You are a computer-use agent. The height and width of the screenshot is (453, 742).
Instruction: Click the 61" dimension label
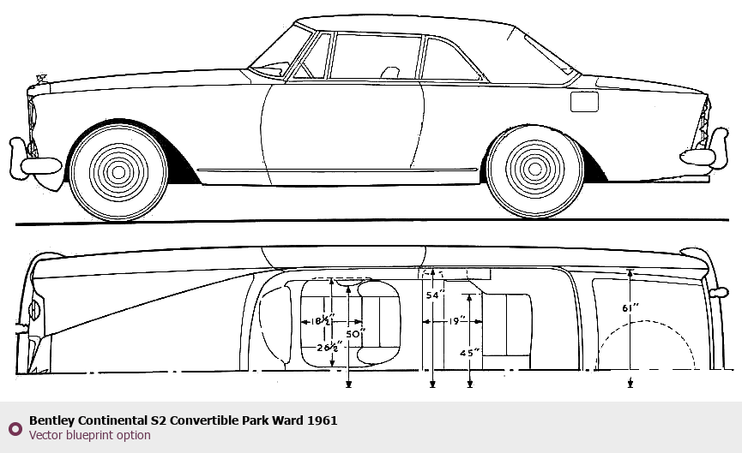point(630,307)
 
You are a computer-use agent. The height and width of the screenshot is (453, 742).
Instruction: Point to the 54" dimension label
point(435,295)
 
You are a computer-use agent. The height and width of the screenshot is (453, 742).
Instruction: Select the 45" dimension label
point(469,351)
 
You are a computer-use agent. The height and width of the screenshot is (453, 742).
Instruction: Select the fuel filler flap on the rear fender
point(584,100)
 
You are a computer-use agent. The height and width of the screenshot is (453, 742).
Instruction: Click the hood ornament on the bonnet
point(39,80)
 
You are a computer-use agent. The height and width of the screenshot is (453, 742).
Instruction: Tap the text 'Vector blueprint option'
point(89,435)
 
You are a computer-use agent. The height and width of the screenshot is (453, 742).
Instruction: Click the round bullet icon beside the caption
point(15,428)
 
